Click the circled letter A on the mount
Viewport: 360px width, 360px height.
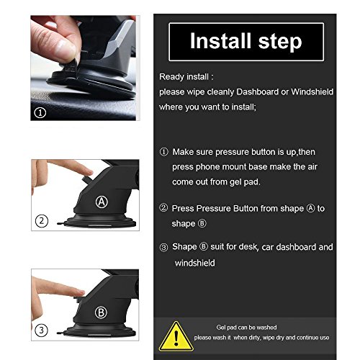pos(103,202)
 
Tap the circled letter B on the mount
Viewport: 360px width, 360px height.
pos(103,313)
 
